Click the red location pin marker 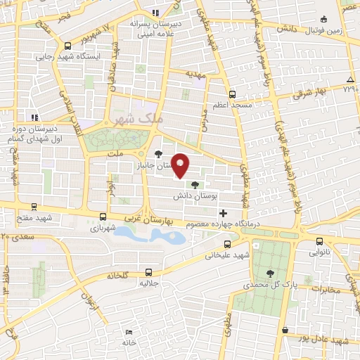coord(181,166)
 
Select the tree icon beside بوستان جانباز coord(159,155)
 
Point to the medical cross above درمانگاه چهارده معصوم coord(224,213)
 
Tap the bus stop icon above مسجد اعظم coord(232,93)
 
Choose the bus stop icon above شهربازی coord(103,217)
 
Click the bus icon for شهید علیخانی coord(226,244)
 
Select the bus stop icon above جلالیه coord(148,271)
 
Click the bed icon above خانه coord(128,333)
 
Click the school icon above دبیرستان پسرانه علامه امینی coord(155,12)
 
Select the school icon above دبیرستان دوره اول coord(31,117)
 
